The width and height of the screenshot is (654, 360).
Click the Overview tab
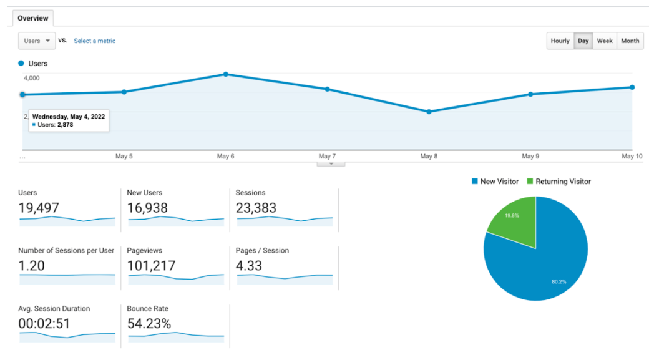[33, 18]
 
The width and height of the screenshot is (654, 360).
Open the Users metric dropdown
[37, 41]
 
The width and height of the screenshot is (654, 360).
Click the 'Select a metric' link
[94, 41]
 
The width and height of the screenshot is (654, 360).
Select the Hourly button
[560, 41]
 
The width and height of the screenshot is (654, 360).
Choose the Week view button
[604, 41]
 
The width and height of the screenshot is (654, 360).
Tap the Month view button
[630, 41]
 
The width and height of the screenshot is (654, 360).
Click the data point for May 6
[226, 74]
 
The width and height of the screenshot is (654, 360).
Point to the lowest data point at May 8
[429, 112]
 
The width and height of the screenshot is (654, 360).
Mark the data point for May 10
[632, 87]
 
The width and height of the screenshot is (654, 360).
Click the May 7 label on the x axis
[327, 156]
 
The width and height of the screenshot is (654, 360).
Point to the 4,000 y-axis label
[32, 78]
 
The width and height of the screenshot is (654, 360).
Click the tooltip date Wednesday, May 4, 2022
[69, 116]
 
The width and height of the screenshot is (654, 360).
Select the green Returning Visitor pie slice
[515, 218]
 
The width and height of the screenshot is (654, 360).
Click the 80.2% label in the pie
[559, 282]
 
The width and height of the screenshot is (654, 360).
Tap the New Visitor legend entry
[495, 182]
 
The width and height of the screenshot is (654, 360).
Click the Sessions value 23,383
[256, 207]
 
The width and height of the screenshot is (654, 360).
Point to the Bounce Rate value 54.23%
[149, 323]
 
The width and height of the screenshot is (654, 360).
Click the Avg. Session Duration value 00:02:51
[44, 323]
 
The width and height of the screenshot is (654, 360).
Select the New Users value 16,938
[148, 207]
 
